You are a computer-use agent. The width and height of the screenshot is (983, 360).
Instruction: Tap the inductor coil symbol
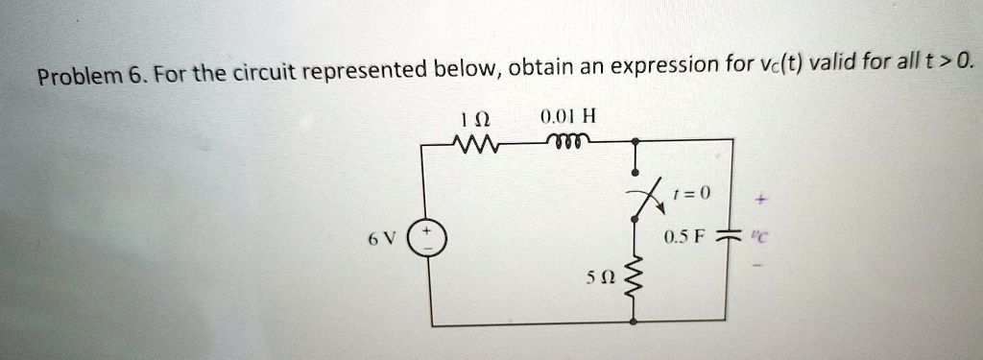pyautogui.click(x=567, y=141)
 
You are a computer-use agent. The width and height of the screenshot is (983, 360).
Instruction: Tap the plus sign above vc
pyautogui.click(x=761, y=201)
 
